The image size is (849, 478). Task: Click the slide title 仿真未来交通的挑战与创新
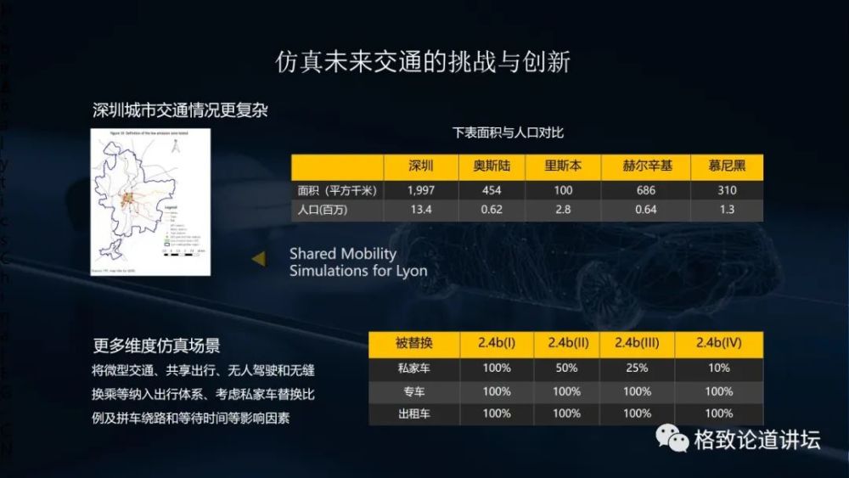[x=424, y=63]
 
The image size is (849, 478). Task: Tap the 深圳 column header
[x=421, y=166]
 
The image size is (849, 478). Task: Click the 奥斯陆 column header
[x=491, y=166]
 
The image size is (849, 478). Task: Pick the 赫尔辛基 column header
[x=647, y=166]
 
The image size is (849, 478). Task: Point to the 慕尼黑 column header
[x=726, y=166]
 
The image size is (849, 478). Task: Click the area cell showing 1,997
[x=421, y=190]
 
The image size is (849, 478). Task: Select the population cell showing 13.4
[x=421, y=210]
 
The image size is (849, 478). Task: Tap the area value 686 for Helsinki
[x=646, y=190]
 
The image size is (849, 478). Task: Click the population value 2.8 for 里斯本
[x=564, y=210]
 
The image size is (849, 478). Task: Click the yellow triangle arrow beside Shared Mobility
[x=260, y=258]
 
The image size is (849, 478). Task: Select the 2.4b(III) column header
[x=638, y=344]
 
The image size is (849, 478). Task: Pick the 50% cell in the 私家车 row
[x=566, y=368]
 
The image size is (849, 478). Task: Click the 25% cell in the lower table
[x=638, y=368]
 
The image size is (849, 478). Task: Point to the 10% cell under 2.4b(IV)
[x=718, y=368]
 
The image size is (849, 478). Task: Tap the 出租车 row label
[x=413, y=413]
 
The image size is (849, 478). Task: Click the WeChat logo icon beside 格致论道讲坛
[x=670, y=439]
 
